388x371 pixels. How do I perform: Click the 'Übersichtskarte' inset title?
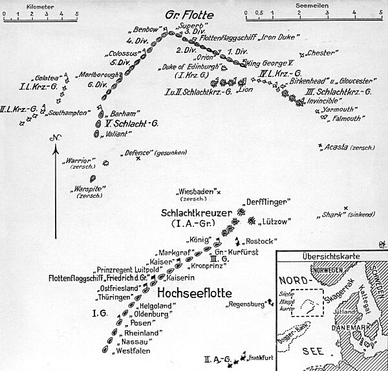tap(330, 255)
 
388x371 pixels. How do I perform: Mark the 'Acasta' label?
tap(338, 148)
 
